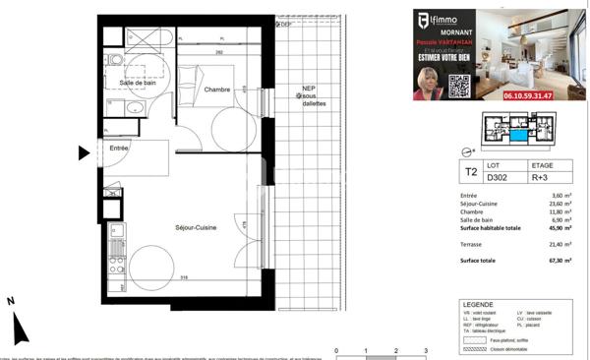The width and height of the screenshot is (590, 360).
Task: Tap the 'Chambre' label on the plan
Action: pos(217,90)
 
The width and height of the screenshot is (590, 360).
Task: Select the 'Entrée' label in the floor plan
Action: pos(118,148)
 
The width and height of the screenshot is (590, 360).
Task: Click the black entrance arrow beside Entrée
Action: pos(84,152)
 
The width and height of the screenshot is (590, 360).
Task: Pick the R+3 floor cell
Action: pos(542,178)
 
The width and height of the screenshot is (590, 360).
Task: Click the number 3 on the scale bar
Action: pos(425,350)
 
